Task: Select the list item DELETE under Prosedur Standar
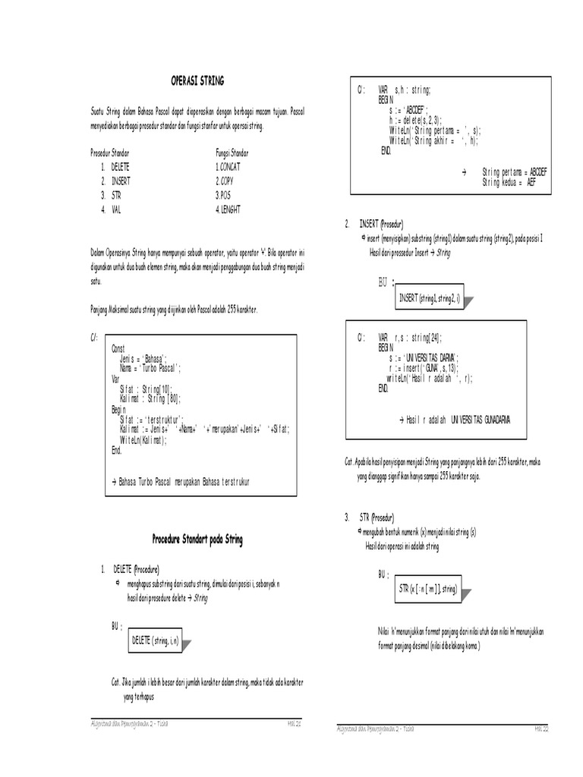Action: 121,168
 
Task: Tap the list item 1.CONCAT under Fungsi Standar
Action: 229,168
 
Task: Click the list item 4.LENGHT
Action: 232,209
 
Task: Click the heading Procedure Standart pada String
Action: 197,539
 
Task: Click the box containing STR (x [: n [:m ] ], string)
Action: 428,589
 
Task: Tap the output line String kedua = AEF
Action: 513,183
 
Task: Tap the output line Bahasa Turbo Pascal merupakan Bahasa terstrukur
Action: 180,482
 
